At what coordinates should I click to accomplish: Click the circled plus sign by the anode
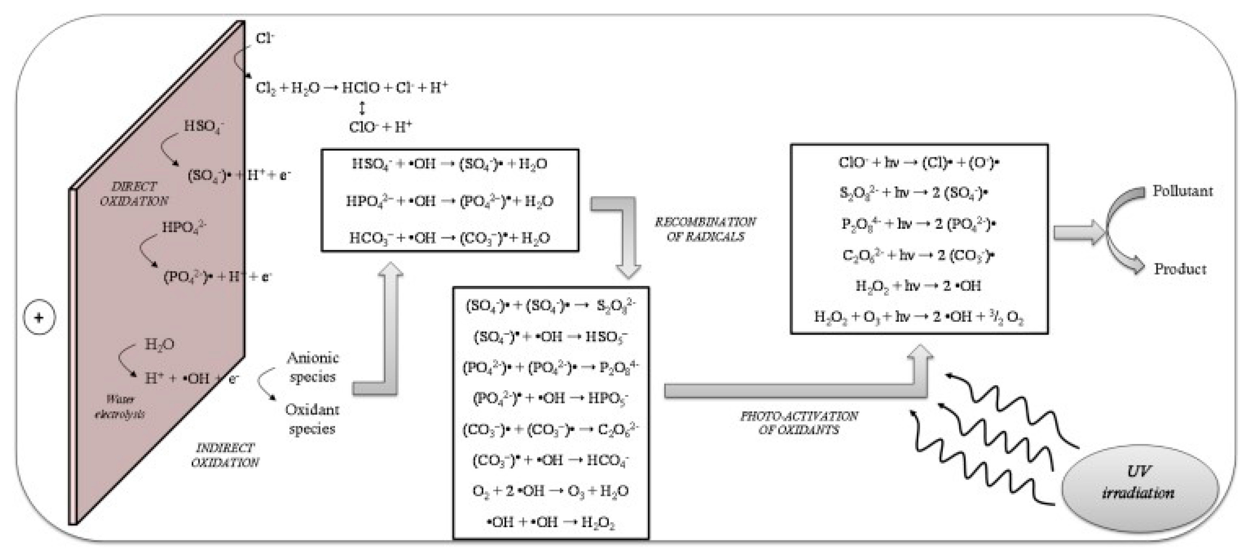pyautogui.click(x=39, y=318)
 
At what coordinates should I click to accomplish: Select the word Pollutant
pyautogui.click(x=1182, y=191)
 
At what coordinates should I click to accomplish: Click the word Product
pyautogui.click(x=1180, y=269)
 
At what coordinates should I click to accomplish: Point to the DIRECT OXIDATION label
pyautogui.click(x=134, y=194)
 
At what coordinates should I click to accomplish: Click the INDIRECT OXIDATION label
pyautogui.click(x=225, y=455)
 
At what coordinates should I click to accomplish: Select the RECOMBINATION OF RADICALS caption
pyautogui.click(x=705, y=230)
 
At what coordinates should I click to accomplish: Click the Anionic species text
pyautogui.click(x=312, y=367)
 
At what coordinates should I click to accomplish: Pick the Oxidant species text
pyautogui.click(x=312, y=419)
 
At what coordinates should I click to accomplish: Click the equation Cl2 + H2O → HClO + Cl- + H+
pyautogui.click(x=351, y=88)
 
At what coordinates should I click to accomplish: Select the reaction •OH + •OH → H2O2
pyautogui.click(x=550, y=523)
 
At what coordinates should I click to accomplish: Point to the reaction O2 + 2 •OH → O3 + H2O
pyautogui.click(x=550, y=491)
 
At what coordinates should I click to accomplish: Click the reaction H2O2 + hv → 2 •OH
pyautogui.click(x=918, y=286)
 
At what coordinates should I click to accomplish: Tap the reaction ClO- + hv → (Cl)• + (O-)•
pyautogui.click(x=918, y=163)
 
